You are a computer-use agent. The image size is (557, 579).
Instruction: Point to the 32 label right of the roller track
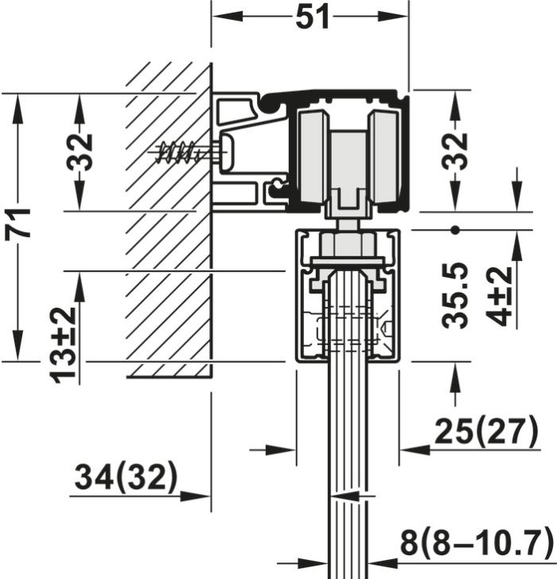(454, 151)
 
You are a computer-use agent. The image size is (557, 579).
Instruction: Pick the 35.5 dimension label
(456, 297)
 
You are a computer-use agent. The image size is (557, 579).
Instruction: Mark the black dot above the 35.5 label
(455, 230)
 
